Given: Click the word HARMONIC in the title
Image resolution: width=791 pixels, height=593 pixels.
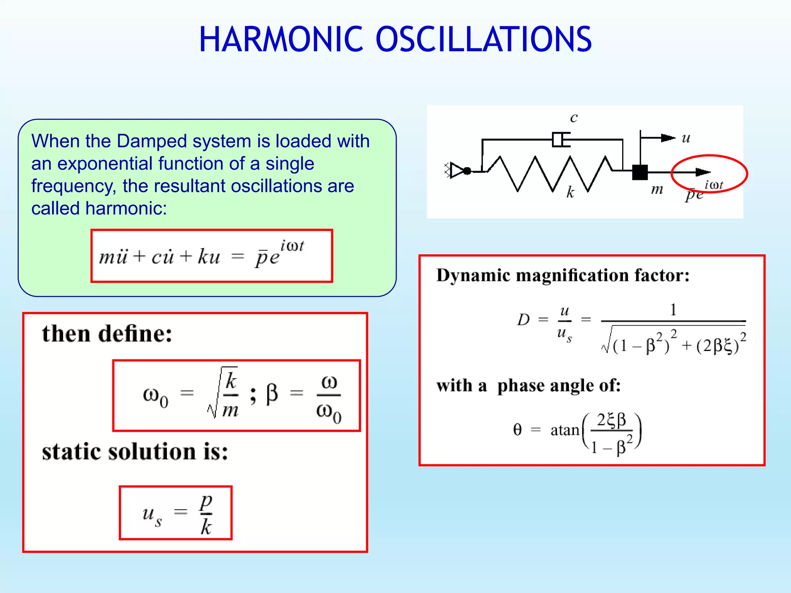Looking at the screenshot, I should (x=281, y=39).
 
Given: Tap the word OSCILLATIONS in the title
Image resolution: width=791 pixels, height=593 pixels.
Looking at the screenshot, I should (x=484, y=39).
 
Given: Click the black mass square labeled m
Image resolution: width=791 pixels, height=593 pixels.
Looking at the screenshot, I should (x=640, y=172).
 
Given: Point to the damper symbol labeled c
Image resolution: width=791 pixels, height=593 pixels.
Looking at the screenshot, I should (x=561, y=140).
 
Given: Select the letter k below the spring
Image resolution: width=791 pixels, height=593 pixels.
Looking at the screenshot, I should (x=570, y=192).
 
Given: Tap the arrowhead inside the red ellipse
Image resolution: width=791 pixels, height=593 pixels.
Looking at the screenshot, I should (x=702, y=172).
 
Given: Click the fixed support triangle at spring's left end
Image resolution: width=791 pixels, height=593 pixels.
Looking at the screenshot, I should (x=457, y=170).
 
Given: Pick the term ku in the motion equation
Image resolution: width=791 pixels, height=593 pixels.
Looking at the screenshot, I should (x=209, y=256).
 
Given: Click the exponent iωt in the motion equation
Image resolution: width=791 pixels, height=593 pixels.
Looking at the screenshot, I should (x=292, y=246).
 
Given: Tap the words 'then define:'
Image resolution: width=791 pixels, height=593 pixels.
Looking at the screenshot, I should (x=107, y=334).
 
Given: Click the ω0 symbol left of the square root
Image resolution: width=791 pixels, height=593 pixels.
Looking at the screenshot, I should (x=155, y=396).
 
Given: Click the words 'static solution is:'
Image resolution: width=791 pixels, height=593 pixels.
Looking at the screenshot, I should (x=135, y=452).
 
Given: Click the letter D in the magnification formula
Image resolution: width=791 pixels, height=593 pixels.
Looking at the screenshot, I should (x=523, y=320).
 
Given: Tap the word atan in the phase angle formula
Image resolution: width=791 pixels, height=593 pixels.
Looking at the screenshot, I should (x=565, y=430).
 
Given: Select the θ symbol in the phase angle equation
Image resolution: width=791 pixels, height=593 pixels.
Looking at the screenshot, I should (x=518, y=429).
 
